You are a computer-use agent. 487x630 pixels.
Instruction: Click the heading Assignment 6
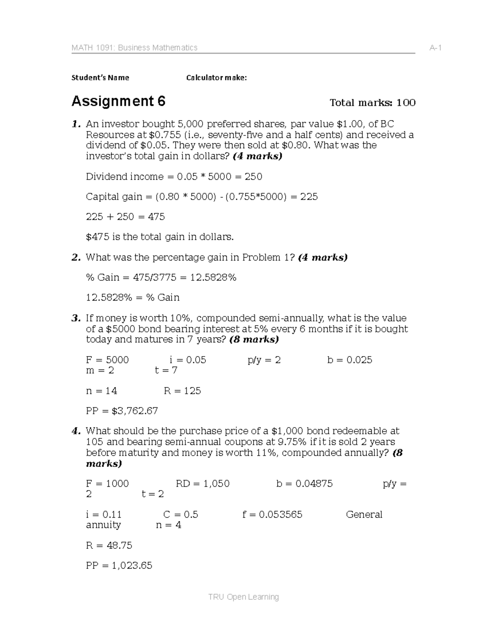tap(118, 101)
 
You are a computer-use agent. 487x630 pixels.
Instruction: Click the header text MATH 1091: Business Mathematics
tap(134, 48)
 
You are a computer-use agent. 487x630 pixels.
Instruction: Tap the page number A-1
tap(435, 48)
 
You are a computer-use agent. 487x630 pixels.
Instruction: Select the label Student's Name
tap(100, 77)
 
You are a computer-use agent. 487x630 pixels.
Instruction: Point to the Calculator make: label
tap(216, 77)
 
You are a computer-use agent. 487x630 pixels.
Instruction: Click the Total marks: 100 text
tap(373, 103)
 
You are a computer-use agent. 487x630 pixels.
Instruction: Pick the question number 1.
tap(75, 124)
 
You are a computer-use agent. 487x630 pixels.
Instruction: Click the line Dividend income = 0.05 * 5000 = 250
tap(174, 176)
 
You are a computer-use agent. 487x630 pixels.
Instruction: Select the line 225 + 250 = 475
tap(125, 217)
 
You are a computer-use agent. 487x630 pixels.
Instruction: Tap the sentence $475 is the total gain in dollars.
tap(159, 237)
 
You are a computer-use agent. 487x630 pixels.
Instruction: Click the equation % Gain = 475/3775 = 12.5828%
tap(161, 277)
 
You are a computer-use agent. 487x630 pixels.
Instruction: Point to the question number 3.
tap(75, 318)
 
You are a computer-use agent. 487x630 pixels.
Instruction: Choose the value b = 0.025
tap(349, 360)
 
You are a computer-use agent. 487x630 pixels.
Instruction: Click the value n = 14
tap(101, 391)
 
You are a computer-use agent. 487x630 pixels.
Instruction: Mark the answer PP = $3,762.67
tap(122, 411)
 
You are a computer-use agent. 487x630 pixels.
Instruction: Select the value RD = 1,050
tap(203, 484)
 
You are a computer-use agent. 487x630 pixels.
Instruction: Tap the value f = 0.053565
tap(272, 514)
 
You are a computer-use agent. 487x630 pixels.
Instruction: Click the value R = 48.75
tap(109, 545)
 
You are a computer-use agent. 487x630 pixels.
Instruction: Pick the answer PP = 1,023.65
tap(119, 565)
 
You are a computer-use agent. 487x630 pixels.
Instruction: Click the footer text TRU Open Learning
tap(243, 597)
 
